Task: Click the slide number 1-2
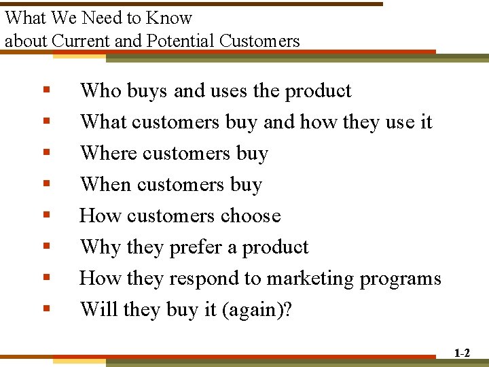click(x=462, y=353)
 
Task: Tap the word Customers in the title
click(x=259, y=41)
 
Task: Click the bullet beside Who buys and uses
click(x=46, y=90)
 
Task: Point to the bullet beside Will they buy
click(x=46, y=309)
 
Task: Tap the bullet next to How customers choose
click(x=46, y=215)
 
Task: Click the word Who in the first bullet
click(x=99, y=91)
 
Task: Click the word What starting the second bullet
click(x=103, y=122)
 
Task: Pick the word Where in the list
click(x=106, y=154)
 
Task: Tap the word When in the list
click(x=105, y=185)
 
